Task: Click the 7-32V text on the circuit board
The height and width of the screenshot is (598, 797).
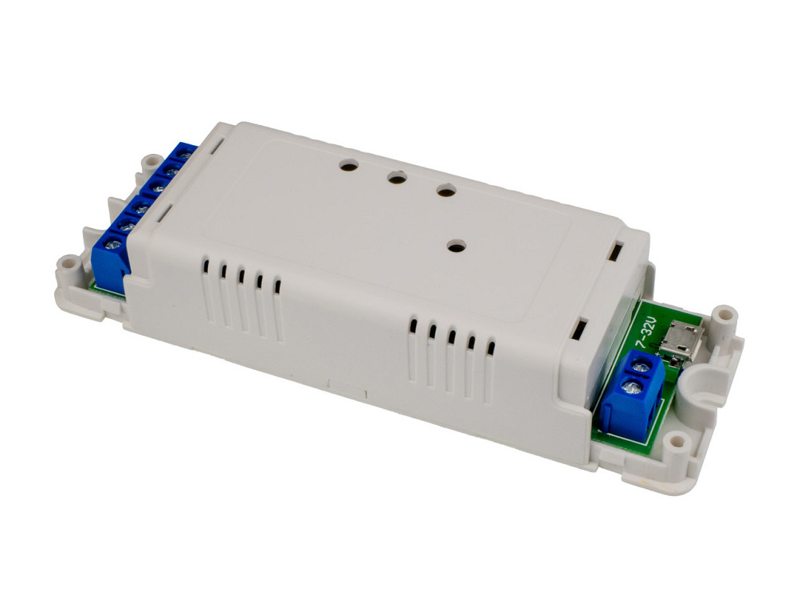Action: tap(648, 333)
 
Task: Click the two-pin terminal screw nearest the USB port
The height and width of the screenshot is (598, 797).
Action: tap(638, 366)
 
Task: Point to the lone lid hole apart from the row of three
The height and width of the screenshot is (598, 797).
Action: tap(457, 248)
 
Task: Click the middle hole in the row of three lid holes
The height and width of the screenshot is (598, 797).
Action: tap(397, 178)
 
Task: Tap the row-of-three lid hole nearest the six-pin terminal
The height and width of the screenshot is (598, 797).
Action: tap(349, 164)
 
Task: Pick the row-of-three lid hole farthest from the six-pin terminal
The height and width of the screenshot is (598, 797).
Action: tap(446, 192)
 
